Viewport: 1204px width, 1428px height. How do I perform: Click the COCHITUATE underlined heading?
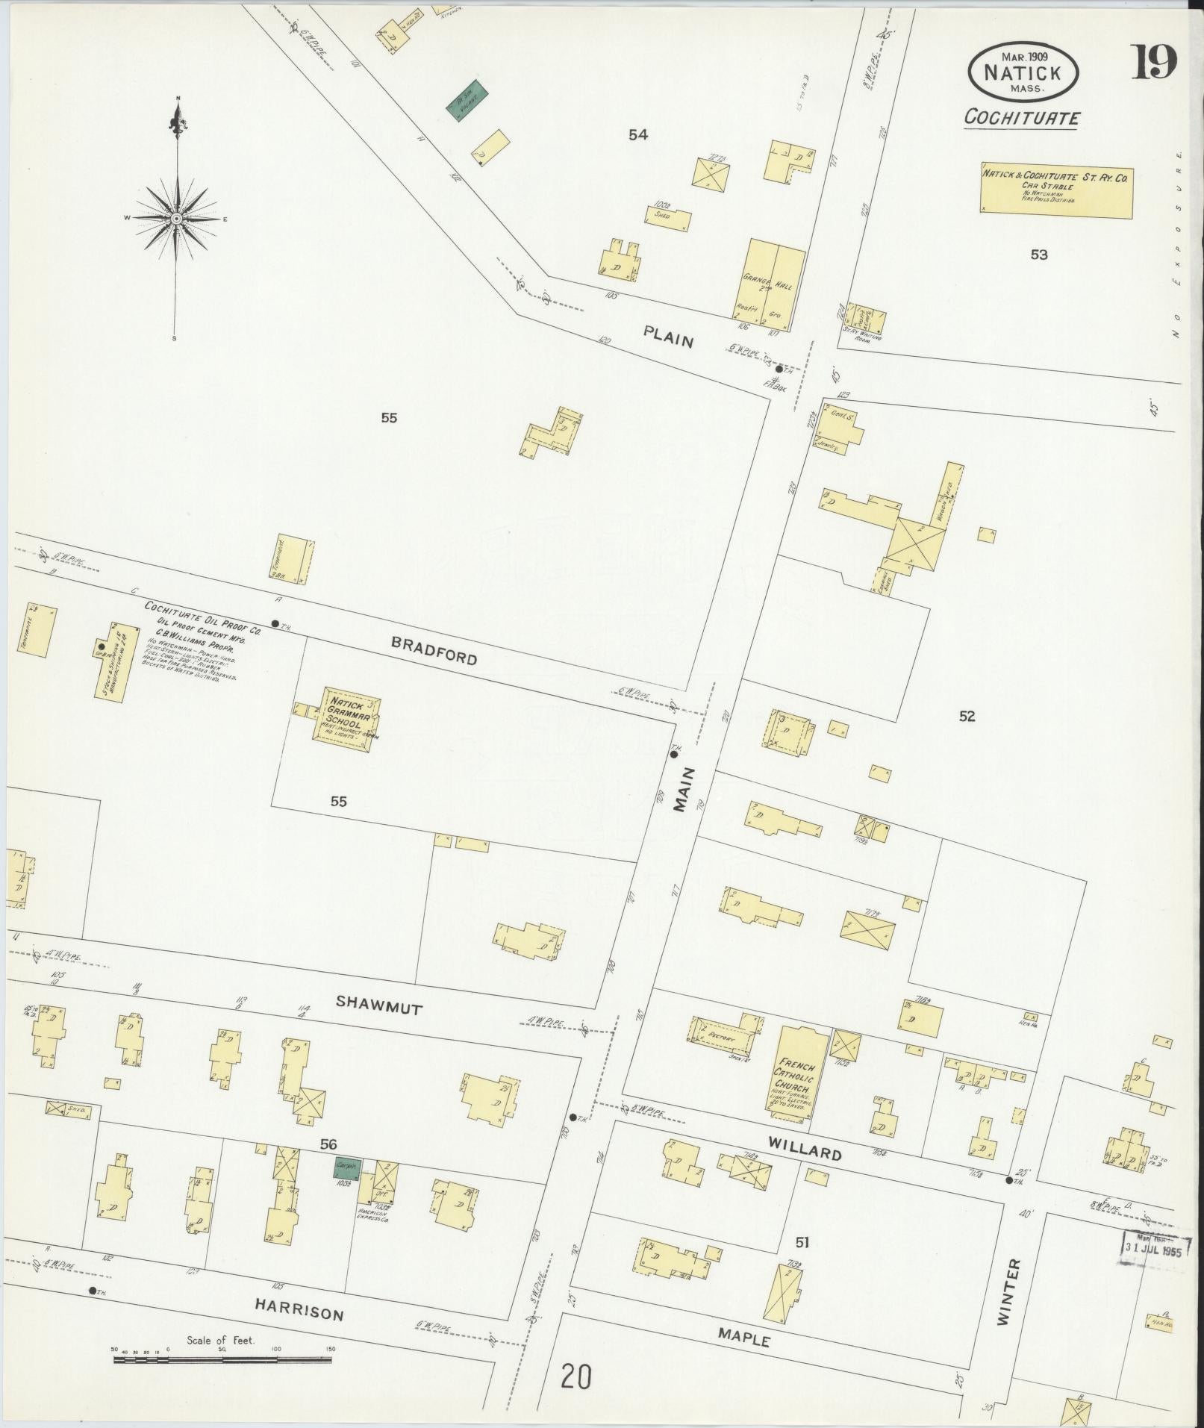click(1021, 118)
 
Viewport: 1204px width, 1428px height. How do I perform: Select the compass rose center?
click(177, 219)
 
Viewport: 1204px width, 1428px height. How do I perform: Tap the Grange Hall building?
click(775, 284)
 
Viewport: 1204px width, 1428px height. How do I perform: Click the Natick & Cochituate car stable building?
click(1056, 191)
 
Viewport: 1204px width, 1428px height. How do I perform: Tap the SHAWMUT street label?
click(378, 1005)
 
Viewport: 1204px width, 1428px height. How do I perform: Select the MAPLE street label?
click(743, 1338)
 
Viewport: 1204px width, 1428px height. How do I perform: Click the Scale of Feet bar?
click(222, 1360)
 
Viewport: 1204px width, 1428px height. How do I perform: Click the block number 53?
click(1038, 255)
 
